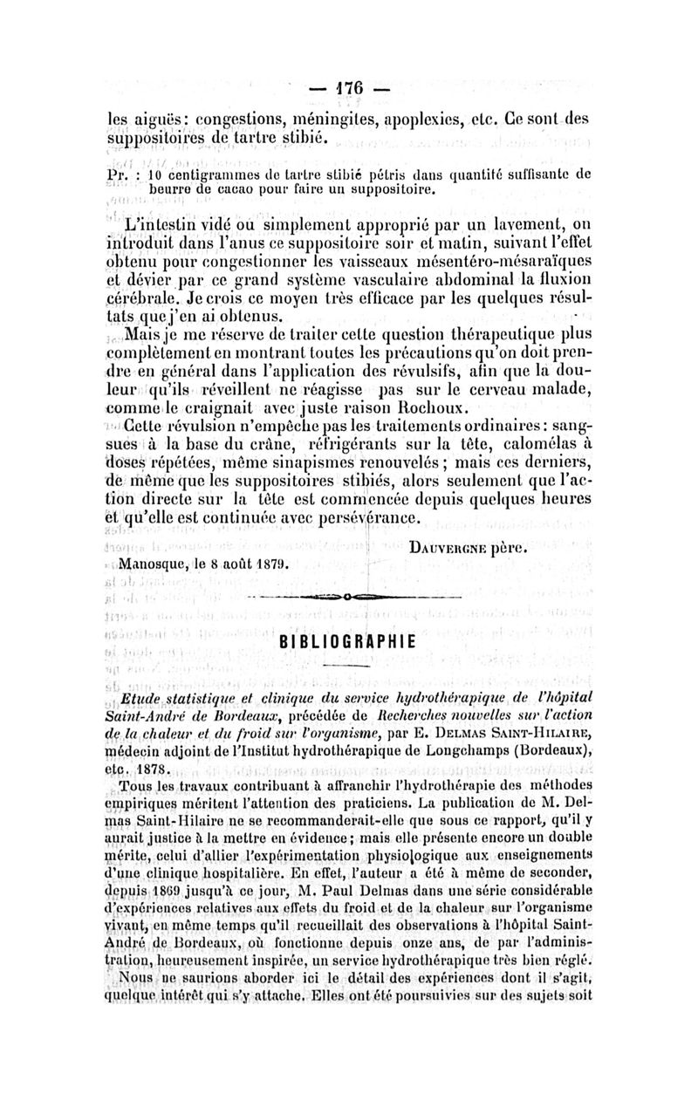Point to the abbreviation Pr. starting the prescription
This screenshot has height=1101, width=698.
pos(118,174)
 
